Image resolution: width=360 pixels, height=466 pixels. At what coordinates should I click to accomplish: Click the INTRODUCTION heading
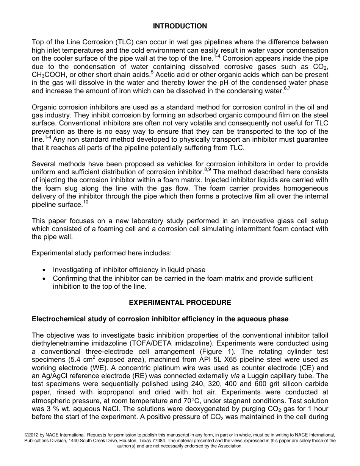coord(180,26)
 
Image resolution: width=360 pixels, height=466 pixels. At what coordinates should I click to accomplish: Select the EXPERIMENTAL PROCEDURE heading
coord(180,303)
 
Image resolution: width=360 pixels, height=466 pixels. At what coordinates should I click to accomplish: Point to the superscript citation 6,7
coord(287,89)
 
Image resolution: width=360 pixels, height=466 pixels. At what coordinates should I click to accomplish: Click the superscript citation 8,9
coord(208,170)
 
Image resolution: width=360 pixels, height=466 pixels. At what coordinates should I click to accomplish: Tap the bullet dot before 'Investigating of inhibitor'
coord(45,270)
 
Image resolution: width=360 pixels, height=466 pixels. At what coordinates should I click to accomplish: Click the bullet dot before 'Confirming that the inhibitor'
coord(45,278)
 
